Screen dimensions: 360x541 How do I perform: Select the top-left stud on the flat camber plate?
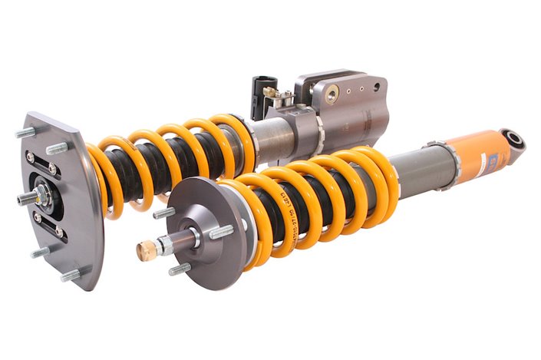point(25,133)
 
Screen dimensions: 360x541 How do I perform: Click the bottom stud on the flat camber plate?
point(71,275)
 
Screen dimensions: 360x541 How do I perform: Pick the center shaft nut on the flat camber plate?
point(38,197)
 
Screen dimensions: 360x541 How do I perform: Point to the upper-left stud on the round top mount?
point(163,213)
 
